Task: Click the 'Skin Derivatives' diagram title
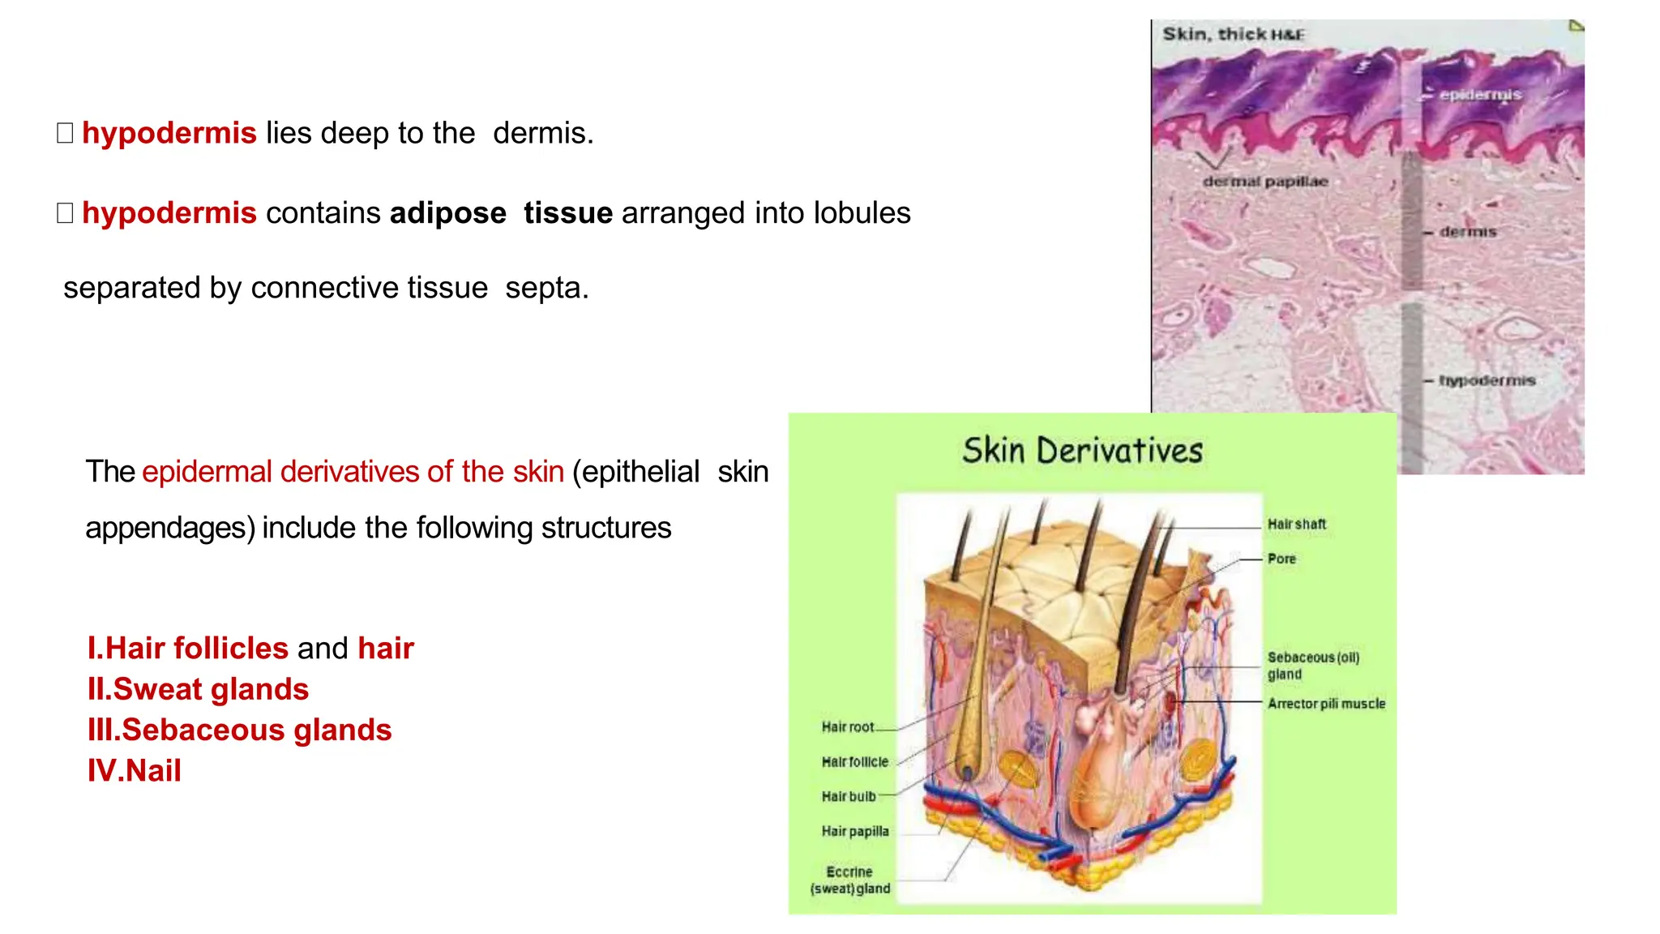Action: pos(1082,451)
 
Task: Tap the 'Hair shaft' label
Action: pos(1297,525)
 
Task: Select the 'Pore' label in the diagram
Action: pos(1281,559)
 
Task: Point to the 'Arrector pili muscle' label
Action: pos(1326,704)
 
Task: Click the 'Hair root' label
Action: pos(847,727)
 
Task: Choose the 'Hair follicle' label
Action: pos(854,762)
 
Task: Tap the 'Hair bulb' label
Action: pos(849,797)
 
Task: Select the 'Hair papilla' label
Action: pos(854,832)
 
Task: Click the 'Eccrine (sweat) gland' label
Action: pos(849,880)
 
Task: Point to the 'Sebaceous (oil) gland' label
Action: pos(1312,666)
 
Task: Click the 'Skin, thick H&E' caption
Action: pos(1233,34)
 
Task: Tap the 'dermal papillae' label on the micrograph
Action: pos(1264,182)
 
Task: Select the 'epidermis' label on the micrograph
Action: pos(1480,95)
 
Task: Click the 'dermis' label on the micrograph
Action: pos(1468,232)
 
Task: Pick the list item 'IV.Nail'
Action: pos(135,771)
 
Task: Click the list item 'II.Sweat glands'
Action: pos(198,689)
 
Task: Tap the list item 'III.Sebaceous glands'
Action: pos(239,730)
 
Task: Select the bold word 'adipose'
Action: pos(447,213)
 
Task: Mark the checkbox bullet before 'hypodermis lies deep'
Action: pos(65,133)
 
